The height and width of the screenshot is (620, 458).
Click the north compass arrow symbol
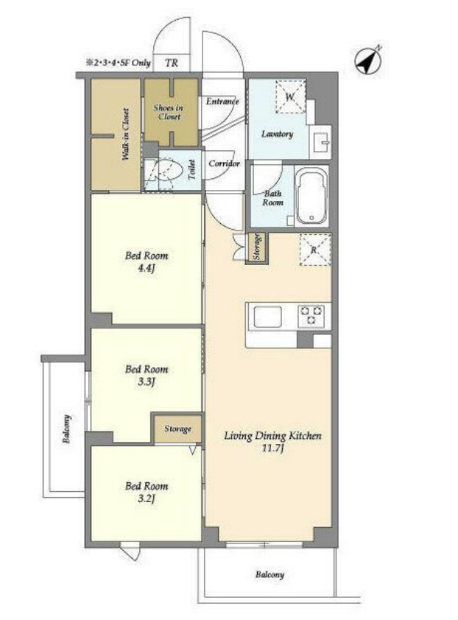[x=368, y=60]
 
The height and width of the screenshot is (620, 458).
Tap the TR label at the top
[x=172, y=63]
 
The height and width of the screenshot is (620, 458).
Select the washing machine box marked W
[x=290, y=96]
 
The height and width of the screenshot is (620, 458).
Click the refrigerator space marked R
[x=315, y=250]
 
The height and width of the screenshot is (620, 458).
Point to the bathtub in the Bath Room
[x=311, y=195]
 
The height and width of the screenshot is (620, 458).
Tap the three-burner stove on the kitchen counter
[x=311, y=316]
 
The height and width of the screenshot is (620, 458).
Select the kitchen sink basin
[x=268, y=317]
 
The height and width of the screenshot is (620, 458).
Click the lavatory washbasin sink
[x=321, y=140]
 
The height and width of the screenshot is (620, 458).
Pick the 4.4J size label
[x=147, y=268]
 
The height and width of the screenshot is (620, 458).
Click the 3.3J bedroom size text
[x=146, y=382]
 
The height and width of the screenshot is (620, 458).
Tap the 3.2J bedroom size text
[x=146, y=499]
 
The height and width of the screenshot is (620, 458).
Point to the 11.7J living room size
[x=272, y=448]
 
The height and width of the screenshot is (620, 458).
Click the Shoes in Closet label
[x=169, y=112]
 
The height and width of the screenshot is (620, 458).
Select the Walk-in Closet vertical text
[x=125, y=134]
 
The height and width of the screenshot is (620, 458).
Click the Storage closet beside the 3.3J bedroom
[x=177, y=429]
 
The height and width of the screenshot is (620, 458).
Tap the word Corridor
[x=224, y=163]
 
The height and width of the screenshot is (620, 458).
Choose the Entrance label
[x=222, y=101]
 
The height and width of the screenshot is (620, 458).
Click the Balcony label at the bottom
[x=269, y=574]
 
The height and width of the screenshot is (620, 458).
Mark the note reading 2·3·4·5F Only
[x=119, y=63]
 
